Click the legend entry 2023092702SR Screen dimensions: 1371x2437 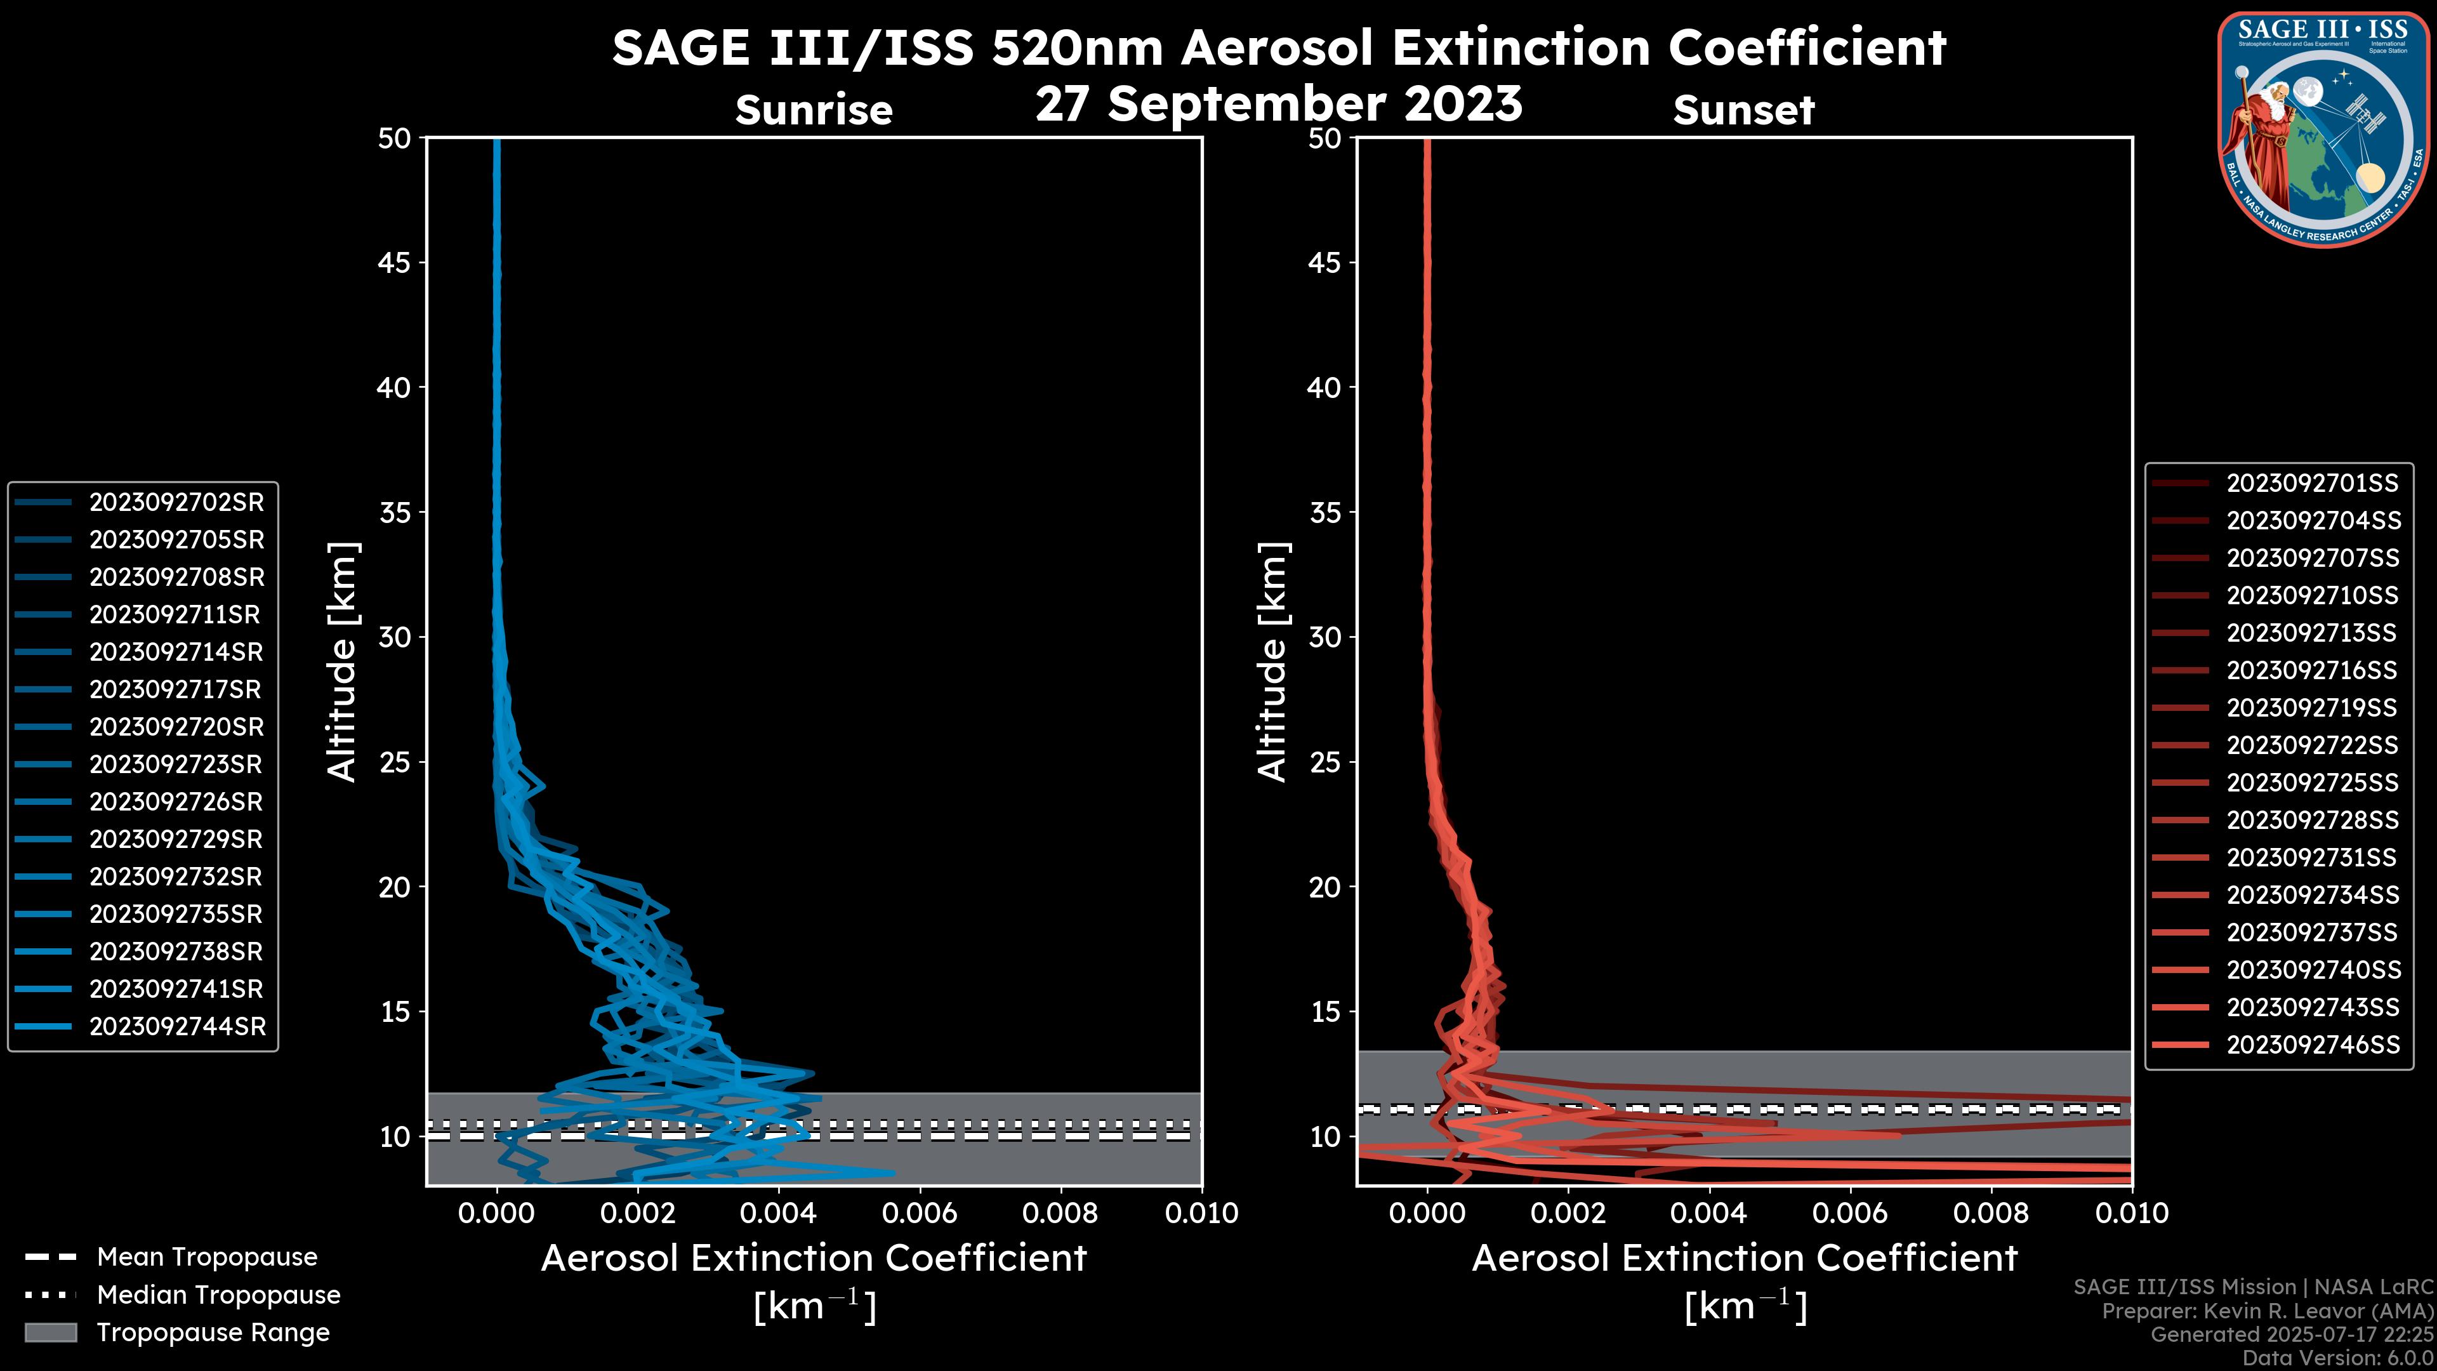[176, 503]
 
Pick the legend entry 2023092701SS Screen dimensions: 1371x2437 [2312, 484]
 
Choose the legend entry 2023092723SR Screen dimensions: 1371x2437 [176, 764]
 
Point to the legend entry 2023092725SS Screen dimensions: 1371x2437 [2312, 783]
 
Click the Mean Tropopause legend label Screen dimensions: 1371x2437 [206, 1257]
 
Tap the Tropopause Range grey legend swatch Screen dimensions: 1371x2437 [50, 1332]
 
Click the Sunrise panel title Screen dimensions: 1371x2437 [814, 110]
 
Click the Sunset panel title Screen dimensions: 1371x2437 [1743, 110]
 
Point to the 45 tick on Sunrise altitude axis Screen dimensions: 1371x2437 [395, 263]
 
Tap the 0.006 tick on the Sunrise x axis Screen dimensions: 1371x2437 [918, 1213]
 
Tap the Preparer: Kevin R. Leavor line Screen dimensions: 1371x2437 [2267, 1311]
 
